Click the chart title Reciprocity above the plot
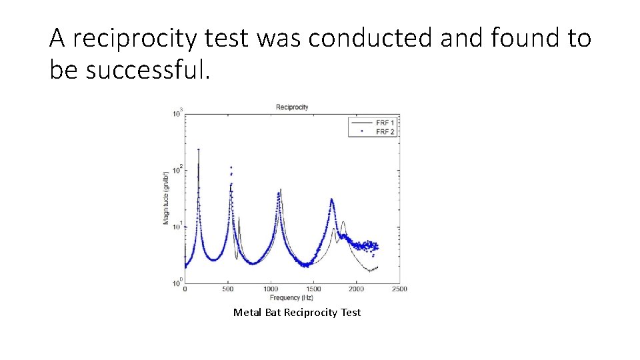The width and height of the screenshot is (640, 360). click(x=292, y=107)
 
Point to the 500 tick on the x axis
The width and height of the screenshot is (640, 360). click(x=227, y=289)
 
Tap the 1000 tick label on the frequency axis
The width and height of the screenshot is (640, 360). click(x=271, y=289)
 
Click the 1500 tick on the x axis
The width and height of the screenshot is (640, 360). click(x=313, y=289)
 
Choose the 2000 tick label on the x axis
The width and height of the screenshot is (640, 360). click(x=356, y=289)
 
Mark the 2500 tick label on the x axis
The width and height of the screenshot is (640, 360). click(x=399, y=289)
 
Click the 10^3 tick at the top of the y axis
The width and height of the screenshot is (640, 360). click(x=177, y=114)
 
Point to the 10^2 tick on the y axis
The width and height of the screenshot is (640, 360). click(x=177, y=171)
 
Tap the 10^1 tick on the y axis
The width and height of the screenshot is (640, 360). click(x=177, y=227)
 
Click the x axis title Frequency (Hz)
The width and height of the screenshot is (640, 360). click(x=292, y=297)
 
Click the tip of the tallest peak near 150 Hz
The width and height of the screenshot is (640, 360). click(x=198, y=149)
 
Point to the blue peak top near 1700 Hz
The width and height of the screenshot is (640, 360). click(x=331, y=199)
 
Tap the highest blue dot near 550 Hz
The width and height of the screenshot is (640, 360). click(x=231, y=167)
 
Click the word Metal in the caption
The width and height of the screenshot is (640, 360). click(x=246, y=313)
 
